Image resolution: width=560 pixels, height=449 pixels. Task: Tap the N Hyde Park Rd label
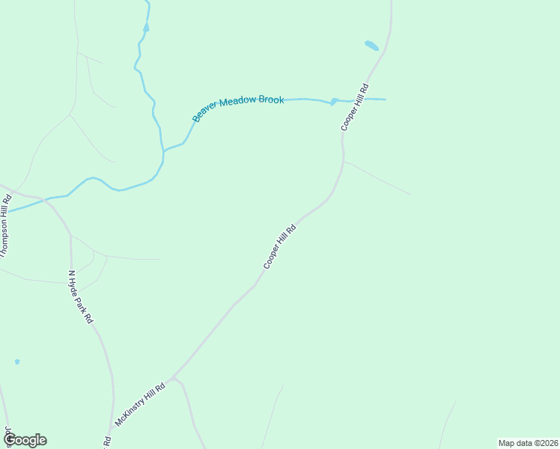[80, 296]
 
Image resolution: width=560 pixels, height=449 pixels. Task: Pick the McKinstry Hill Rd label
[139, 406]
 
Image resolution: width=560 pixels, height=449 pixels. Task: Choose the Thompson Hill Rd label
[5, 225]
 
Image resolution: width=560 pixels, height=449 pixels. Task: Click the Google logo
[25, 440]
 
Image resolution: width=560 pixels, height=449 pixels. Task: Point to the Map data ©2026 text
[528, 443]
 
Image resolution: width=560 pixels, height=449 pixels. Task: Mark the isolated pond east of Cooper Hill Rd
[371, 46]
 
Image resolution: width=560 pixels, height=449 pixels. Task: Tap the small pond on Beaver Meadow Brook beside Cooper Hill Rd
[334, 101]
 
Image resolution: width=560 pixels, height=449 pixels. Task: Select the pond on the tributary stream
[146, 27]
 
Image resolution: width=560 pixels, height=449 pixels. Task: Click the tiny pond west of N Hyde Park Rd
[16, 361]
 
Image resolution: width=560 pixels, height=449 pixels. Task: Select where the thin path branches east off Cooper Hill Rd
[344, 160]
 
